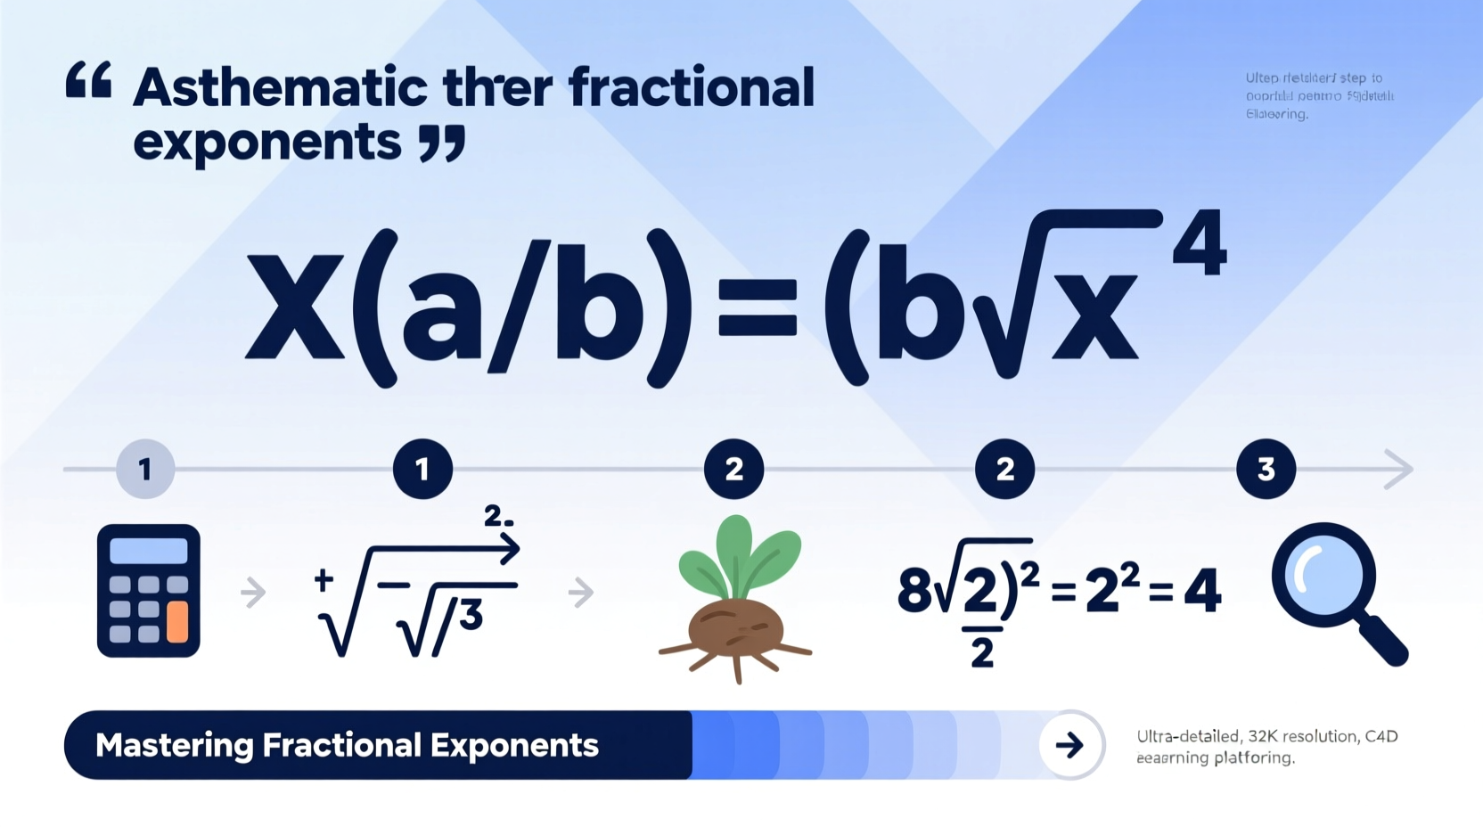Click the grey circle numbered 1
(x=145, y=469)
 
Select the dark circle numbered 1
(x=422, y=469)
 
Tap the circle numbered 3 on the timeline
(x=1266, y=469)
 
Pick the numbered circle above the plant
(x=733, y=469)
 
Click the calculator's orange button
(x=177, y=621)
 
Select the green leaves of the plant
(x=740, y=557)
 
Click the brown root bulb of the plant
(x=735, y=628)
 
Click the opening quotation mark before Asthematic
(x=89, y=80)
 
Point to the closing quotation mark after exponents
(x=443, y=143)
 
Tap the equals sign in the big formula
(x=757, y=308)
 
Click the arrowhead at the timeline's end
(x=1399, y=469)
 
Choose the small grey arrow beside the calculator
(x=254, y=592)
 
